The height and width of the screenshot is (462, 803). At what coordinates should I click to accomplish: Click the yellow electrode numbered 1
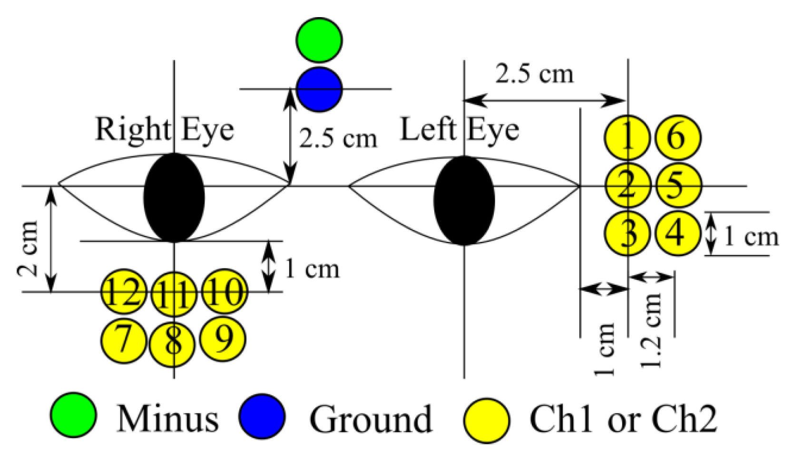coord(627,138)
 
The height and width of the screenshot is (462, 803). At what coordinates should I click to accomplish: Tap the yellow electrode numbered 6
coord(677,138)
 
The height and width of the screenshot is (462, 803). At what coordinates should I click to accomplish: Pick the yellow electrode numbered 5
coord(677,185)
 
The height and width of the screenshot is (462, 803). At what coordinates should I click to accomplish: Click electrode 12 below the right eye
coord(124,292)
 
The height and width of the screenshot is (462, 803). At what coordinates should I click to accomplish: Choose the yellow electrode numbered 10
coord(225,292)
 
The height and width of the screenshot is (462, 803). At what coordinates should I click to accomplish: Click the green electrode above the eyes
coord(319,40)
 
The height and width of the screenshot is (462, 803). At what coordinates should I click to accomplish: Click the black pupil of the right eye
coord(174,198)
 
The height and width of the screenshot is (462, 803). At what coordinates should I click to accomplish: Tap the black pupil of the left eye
coord(464,201)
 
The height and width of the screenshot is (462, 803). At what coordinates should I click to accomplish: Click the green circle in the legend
coord(73,415)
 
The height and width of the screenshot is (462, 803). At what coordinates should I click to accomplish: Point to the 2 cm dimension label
coord(28,249)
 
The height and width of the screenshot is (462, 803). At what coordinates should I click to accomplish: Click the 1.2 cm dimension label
coord(652,330)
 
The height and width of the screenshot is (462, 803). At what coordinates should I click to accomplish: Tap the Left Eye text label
coord(459,129)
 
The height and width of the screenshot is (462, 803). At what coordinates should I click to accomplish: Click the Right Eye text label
coord(165,129)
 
